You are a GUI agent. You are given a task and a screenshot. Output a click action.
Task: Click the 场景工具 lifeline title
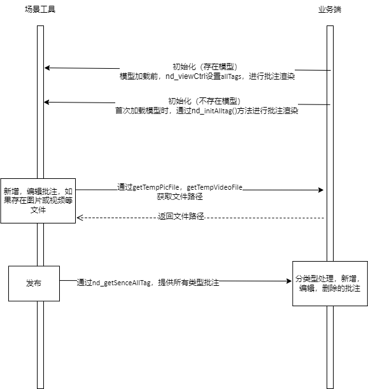pos(40,10)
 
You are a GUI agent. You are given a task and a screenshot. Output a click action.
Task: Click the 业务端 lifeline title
pos(330,10)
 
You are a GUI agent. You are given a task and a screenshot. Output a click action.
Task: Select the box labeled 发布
pos(34,283)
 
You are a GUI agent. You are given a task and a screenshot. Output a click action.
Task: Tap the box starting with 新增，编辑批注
pos(38,201)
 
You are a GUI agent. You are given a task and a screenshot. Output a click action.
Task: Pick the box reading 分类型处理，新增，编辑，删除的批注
pos(330,283)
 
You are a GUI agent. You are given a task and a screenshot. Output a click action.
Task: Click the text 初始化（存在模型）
pos(205,66)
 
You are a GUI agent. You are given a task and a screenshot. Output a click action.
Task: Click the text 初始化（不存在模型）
pos(204,101)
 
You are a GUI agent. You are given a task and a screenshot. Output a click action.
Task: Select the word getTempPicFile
pos(156,187)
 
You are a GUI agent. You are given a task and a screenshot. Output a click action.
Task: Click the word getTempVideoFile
pos(215,187)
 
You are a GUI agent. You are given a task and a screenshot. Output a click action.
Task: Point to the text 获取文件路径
pos(180,197)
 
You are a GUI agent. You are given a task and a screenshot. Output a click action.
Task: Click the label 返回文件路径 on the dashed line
pos(181,216)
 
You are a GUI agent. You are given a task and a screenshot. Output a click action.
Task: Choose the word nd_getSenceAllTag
pos(122,283)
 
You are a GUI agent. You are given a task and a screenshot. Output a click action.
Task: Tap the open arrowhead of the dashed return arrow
pos(80,218)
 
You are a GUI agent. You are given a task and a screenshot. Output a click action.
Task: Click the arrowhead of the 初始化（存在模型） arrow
pos(47,67)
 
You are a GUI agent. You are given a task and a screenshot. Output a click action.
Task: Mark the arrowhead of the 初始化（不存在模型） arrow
pos(46,102)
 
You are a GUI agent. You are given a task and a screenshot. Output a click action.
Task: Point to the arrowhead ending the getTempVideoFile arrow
pos(321,190)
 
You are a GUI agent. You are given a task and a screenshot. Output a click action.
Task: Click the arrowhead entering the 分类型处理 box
pos(289,281)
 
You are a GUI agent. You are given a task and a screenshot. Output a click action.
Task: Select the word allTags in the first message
pos(231,76)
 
